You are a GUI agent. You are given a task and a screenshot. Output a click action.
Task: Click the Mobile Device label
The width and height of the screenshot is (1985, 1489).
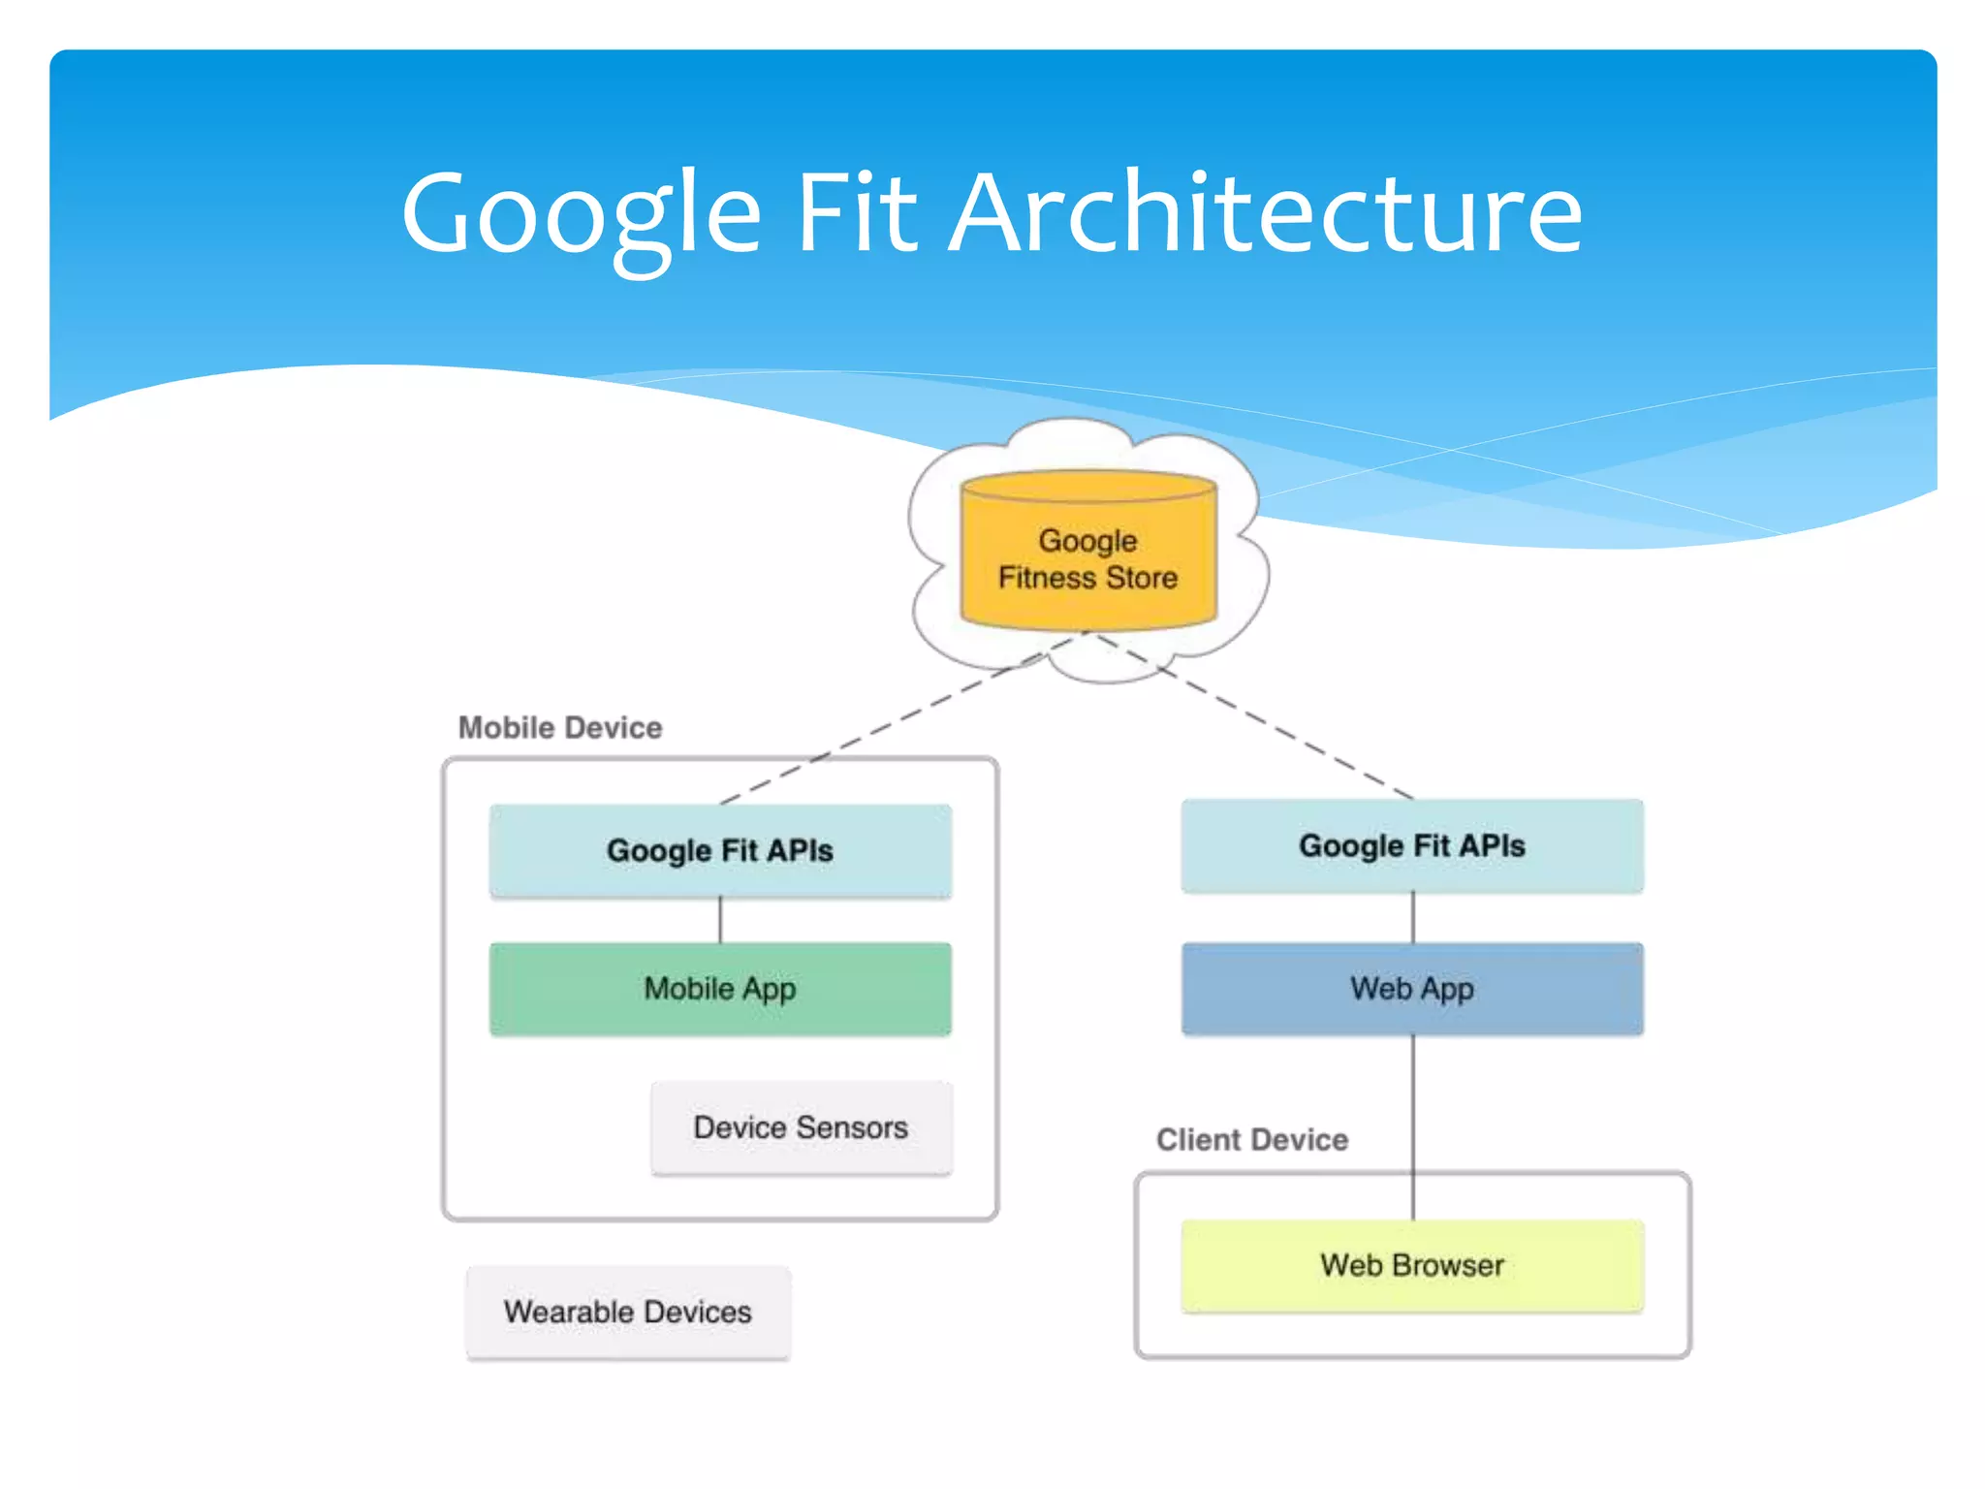[x=560, y=727]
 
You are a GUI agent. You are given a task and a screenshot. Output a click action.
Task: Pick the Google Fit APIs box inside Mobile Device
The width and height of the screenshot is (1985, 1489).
[x=720, y=850]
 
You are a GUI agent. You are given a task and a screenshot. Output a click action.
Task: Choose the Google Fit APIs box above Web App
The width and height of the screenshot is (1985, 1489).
[x=1412, y=845]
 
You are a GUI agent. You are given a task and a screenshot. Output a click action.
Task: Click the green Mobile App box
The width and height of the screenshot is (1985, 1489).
[x=720, y=989]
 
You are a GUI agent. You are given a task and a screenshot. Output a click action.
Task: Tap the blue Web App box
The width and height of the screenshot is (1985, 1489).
[x=1412, y=989]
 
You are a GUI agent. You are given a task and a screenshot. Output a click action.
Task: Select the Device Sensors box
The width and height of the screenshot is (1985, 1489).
[x=802, y=1127]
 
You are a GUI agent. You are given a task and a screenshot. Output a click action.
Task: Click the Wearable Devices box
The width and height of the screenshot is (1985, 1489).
[x=628, y=1312]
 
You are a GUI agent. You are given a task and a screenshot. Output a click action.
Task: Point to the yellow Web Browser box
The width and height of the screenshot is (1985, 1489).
[x=1412, y=1265]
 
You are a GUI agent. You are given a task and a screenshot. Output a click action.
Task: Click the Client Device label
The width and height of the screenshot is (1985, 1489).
[x=1252, y=1139]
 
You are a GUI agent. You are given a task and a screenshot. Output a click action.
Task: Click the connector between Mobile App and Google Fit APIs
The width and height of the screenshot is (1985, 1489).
[x=720, y=919]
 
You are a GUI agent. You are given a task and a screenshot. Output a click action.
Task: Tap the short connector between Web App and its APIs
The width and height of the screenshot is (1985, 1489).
[x=1413, y=917]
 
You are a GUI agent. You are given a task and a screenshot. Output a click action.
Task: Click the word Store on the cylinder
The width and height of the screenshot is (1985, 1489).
[x=1142, y=578]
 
